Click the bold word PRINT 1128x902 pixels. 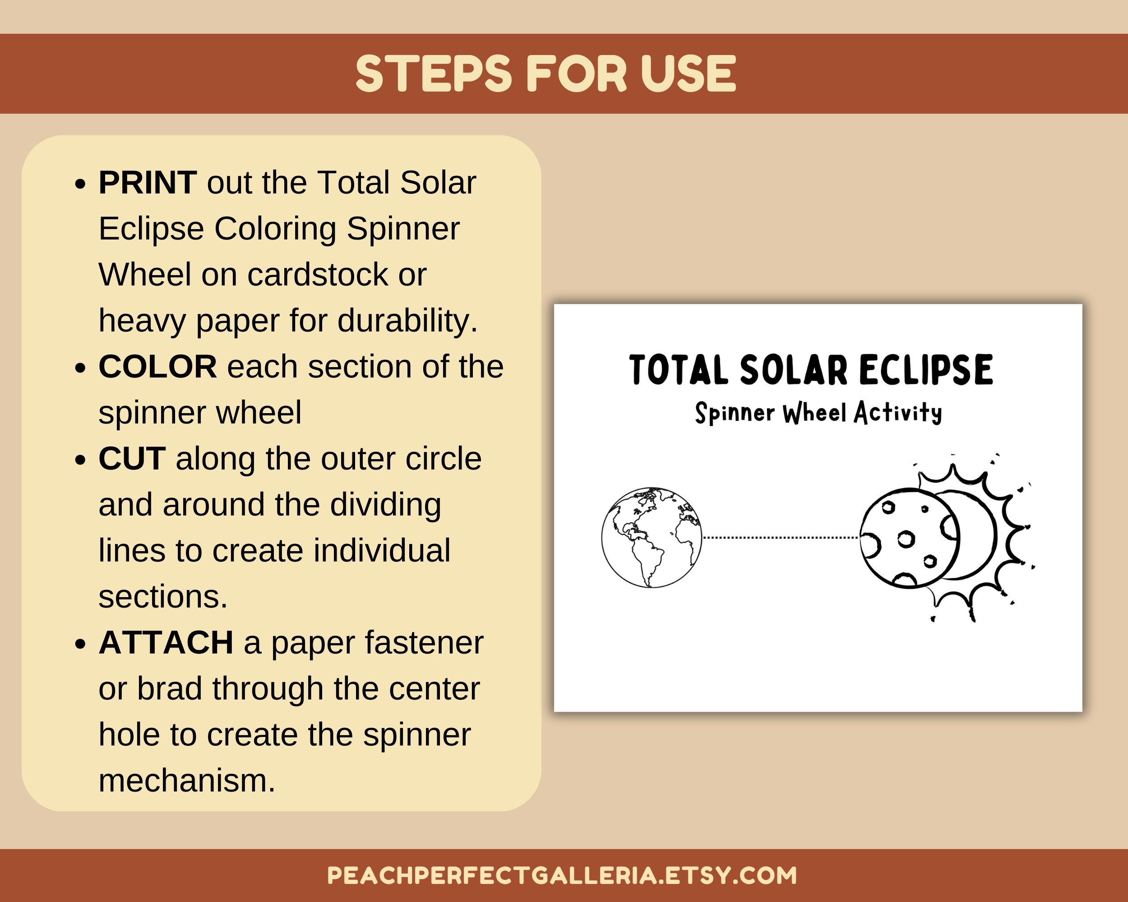click(x=148, y=183)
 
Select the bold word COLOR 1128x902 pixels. click(x=157, y=367)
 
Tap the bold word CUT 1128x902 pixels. click(x=132, y=459)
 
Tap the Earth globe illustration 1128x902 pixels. click(x=652, y=537)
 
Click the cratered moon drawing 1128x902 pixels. click(x=909, y=538)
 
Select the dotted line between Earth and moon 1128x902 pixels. click(x=781, y=537)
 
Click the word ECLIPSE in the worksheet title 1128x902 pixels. click(x=925, y=370)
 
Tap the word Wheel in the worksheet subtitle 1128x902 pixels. click(x=814, y=413)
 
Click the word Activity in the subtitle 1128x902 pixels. click(x=898, y=413)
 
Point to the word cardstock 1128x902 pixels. click(x=318, y=275)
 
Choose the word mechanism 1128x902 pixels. click(x=187, y=781)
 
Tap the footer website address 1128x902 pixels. click(x=562, y=875)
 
